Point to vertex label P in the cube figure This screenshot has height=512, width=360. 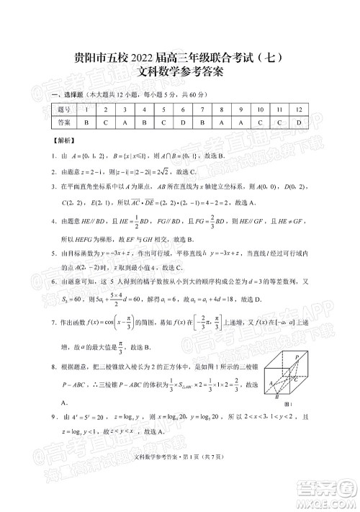[297, 357]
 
